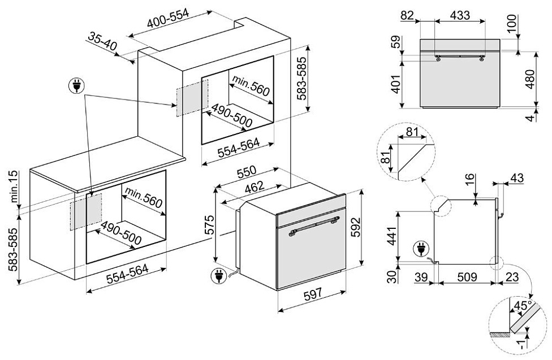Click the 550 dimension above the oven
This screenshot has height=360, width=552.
(x=246, y=171)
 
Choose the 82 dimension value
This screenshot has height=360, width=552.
(x=407, y=15)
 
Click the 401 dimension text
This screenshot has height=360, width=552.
(x=396, y=84)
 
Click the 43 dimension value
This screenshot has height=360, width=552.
(x=517, y=178)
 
